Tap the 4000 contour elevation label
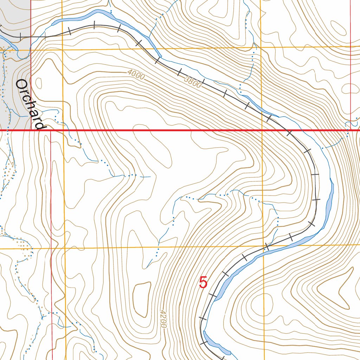click(x=136, y=75)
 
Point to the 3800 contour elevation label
click(x=193, y=83)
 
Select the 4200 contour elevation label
click(x=162, y=319)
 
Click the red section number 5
click(x=203, y=283)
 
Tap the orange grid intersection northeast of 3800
click(x=261, y=47)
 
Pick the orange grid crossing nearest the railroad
click(x=264, y=246)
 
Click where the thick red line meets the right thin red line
click(x=351, y=130)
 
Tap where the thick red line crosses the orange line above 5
click(x=262, y=130)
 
